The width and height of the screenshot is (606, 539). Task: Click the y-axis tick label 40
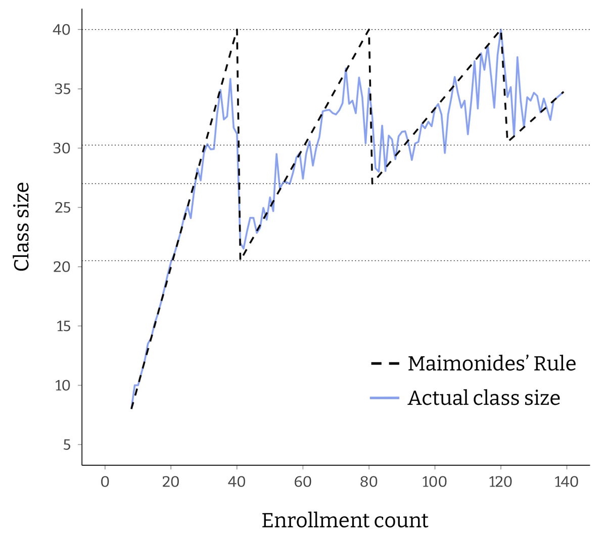click(63, 30)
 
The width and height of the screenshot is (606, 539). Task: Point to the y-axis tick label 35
click(63, 89)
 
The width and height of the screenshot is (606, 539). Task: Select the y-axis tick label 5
click(66, 445)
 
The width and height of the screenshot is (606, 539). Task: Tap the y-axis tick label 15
click(63, 326)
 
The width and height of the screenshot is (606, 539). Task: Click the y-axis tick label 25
click(63, 207)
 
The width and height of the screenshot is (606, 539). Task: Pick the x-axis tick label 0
click(105, 482)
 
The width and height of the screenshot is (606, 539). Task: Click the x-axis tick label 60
click(303, 482)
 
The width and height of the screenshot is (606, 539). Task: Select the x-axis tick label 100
click(435, 482)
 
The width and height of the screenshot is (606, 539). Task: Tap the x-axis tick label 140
click(566, 482)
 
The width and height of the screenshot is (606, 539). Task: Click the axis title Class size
click(22, 227)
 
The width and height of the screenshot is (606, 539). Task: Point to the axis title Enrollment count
click(345, 520)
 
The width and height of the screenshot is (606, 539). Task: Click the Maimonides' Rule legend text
click(492, 363)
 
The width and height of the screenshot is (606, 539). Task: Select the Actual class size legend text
click(484, 398)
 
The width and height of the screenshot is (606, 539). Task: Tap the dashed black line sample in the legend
click(385, 363)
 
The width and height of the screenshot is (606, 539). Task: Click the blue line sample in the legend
click(385, 398)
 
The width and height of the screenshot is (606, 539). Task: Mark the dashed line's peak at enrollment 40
click(237, 30)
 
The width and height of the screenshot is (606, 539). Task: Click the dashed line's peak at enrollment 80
click(369, 30)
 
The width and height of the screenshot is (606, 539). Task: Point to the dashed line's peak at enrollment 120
click(500, 30)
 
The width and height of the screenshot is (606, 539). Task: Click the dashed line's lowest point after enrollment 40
click(241, 259)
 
